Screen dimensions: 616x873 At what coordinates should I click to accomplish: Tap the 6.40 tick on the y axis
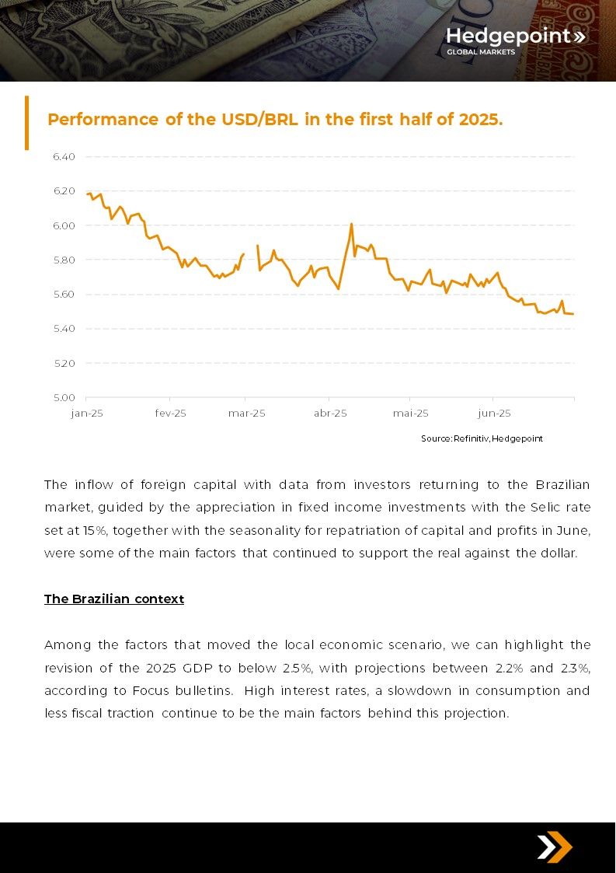(x=64, y=156)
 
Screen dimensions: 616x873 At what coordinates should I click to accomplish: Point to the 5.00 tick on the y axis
(x=64, y=397)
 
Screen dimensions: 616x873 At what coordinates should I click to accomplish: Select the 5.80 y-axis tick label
(x=64, y=260)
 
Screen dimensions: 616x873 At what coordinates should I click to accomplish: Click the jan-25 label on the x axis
(x=87, y=413)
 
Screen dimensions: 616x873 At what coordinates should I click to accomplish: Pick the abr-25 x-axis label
(x=330, y=413)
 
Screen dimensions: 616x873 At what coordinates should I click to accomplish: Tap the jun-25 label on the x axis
(x=494, y=413)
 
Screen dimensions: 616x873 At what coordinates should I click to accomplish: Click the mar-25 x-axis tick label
(x=246, y=413)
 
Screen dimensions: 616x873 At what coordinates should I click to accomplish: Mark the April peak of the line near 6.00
(x=352, y=224)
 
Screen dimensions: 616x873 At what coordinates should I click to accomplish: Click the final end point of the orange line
(x=573, y=314)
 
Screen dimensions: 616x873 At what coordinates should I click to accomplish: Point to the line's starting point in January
(x=87, y=194)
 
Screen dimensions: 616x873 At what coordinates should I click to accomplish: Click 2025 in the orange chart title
(x=480, y=120)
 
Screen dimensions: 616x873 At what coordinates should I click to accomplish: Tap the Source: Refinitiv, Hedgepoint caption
(x=482, y=438)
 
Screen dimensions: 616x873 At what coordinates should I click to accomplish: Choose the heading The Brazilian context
(x=114, y=599)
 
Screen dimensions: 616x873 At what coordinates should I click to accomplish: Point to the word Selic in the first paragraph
(x=546, y=507)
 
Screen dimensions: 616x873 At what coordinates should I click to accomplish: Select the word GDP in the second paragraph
(x=197, y=668)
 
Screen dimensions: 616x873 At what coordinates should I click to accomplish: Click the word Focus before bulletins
(x=151, y=691)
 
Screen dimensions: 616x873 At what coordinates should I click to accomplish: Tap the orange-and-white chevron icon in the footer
(x=554, y=847)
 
